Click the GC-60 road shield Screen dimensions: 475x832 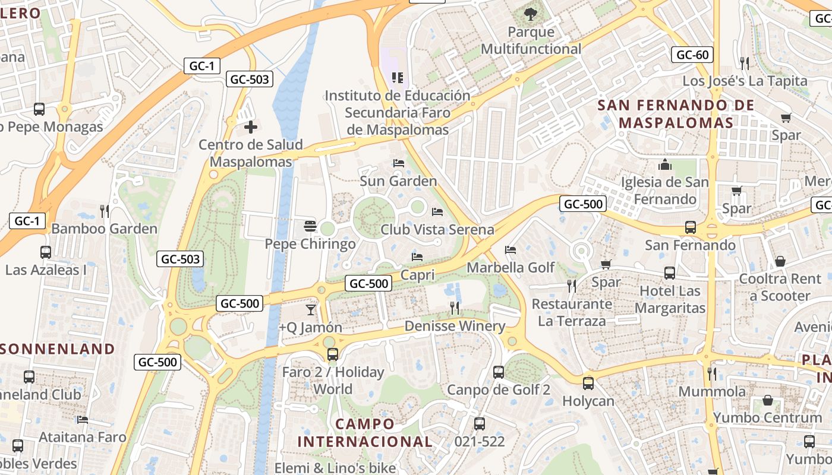(x=692, y=55)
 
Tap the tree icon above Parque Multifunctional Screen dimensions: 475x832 (x=531, y=13)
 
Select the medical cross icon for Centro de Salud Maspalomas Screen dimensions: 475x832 (x=251, y=126)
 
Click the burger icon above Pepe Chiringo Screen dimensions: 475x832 (x=310, y=226)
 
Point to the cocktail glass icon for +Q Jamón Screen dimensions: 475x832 (x=310, y=309)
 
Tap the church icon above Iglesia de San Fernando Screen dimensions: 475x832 (x=664, y=164)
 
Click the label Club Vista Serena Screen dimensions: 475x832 (x=437, y=229)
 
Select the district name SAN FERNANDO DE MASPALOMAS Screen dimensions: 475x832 (x=676, y=114)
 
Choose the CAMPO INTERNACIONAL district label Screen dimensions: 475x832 (x=364, y=433)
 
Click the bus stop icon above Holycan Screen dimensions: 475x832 (x=588, y=384)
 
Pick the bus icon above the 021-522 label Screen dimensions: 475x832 (x=480, y=424)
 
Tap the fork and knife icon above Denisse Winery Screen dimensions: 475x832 (x=455, y=308)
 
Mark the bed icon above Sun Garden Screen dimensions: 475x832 (x=398, y=163)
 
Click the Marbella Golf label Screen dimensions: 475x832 (x=510, y=268)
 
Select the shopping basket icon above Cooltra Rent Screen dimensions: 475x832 (x=780, y=261)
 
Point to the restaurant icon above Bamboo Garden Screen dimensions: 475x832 (x=105, y=211)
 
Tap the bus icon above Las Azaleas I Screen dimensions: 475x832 (x=46, y=252)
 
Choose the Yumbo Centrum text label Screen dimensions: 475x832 (x=767, y=417)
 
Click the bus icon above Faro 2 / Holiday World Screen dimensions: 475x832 (x=333, y=354)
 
